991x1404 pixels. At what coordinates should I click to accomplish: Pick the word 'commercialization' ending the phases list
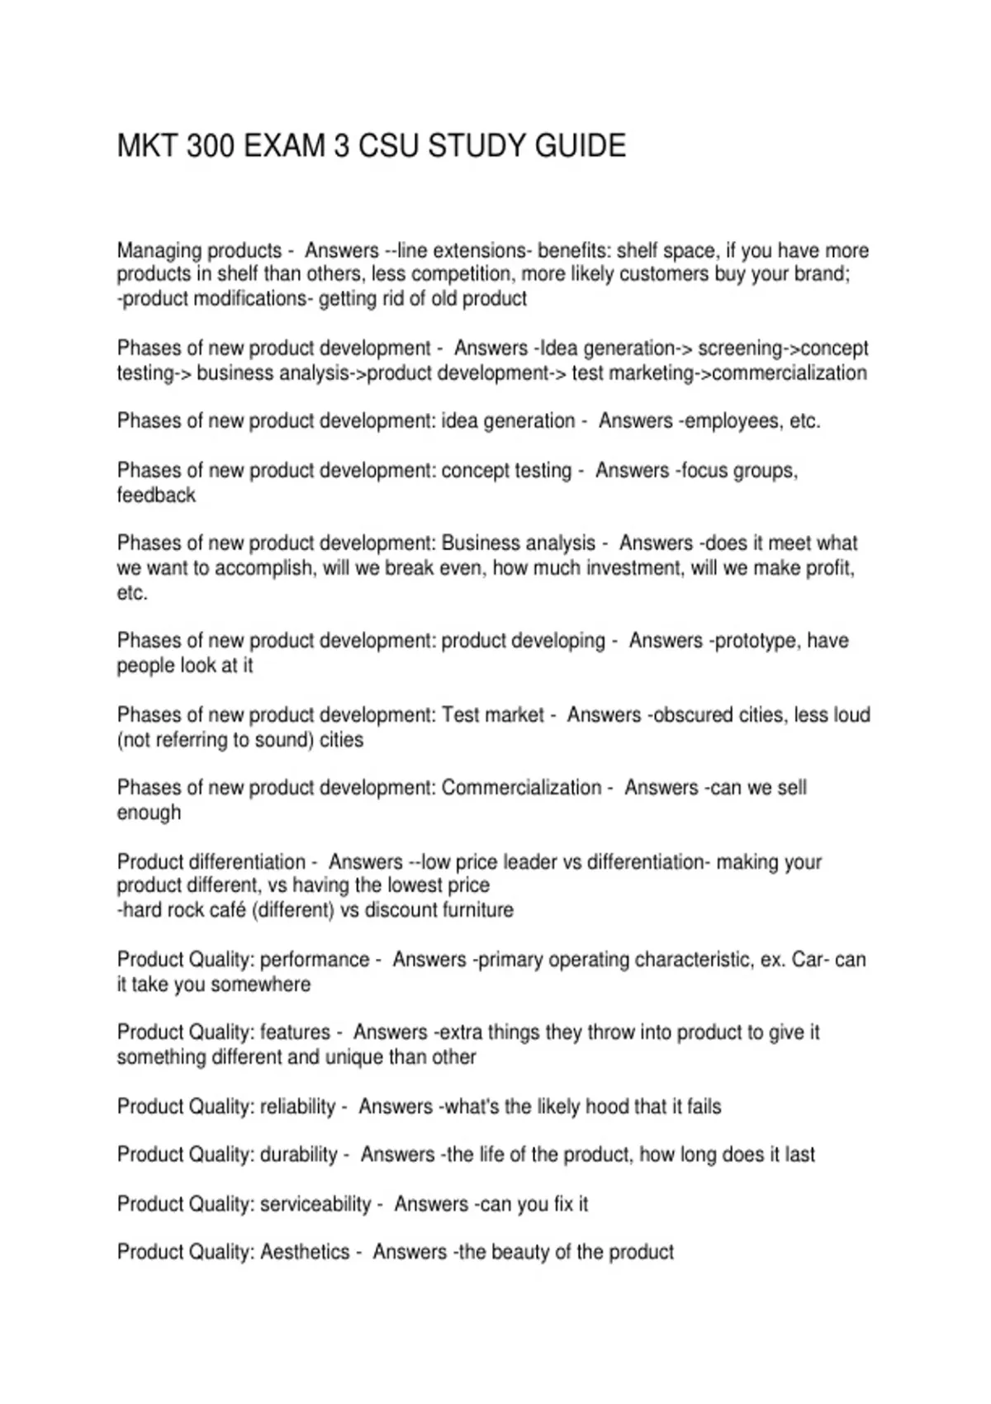click(789, 373)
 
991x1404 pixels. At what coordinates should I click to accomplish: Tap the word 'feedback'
click(156, 496)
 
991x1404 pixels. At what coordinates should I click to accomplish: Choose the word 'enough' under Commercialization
click(149, 813)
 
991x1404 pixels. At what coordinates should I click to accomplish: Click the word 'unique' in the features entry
click(355, 1057)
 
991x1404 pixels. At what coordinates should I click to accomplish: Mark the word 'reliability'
click(297, 1107)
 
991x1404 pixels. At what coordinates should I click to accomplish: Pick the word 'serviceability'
click(315, 1204)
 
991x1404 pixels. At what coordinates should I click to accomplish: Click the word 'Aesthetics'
click(305, 1252)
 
